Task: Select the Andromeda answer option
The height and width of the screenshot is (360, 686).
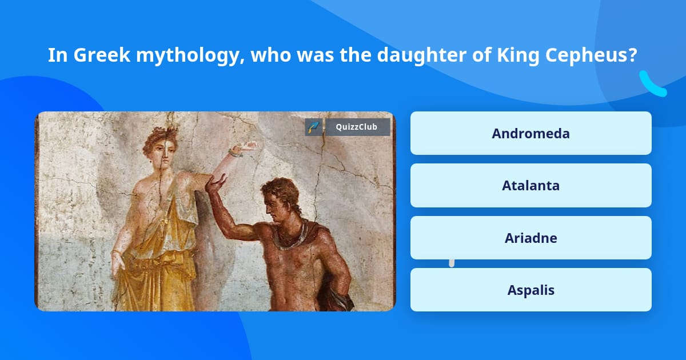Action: pos(531,133)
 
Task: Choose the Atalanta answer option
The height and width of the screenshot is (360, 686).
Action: pos(531,186)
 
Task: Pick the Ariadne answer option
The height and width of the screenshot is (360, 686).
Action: pos(531,238)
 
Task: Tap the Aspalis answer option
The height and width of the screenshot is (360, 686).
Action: pos(531,290)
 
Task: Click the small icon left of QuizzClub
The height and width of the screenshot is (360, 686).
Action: pos(314,127)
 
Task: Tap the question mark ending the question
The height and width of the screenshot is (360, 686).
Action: pos(633,55)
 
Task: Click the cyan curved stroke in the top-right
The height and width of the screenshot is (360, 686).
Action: pos(652,85)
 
